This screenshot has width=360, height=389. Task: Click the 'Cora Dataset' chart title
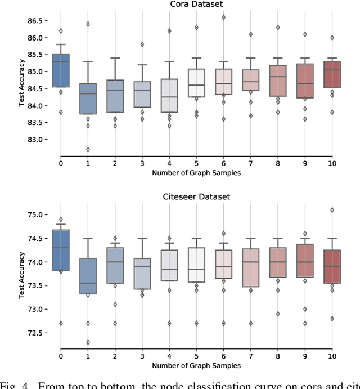(x=196, y=5)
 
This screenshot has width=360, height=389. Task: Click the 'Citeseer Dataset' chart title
(x=196, y=196)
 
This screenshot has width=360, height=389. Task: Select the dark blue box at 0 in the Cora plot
(x=61, y=70)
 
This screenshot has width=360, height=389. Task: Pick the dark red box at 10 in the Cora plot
(x=331, y=75)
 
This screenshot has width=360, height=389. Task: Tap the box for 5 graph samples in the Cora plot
(x=196, y=83)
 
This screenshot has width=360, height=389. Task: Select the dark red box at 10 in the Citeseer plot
(x=331, y=266)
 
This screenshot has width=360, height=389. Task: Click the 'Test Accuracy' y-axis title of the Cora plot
(x=21, y=88)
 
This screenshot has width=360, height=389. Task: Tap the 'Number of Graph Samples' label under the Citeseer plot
(x=196, y=366)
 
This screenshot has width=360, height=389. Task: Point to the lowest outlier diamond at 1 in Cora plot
(x=88, y=150)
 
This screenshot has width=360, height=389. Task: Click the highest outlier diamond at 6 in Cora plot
(x=223, y=17)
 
